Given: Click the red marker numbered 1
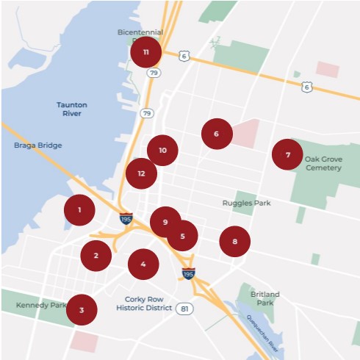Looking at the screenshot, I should [x=79, y=210].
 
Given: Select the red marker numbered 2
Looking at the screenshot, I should [x=96, y=256].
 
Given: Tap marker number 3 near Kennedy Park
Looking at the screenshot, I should [x=82, y=309].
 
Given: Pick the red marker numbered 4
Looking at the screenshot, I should [x=143, y=264].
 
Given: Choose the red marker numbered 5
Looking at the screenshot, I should [x=182, y=236].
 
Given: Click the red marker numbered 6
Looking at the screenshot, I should [x=217, y=134].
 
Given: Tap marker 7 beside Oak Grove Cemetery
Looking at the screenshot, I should [x=287, y=155].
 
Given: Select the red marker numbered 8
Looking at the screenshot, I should [x=234, y=241].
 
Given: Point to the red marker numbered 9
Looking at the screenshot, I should [x=165, y=222].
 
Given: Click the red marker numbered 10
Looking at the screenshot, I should [x=162, y=150].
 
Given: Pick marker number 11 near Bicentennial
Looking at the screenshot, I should [x=146, y=52].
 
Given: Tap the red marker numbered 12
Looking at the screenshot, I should [x=141, y=173].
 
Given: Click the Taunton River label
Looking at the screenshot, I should [x=72, y=109].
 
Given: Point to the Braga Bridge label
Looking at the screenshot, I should [x=38, y=145].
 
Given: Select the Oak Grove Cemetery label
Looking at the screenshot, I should [x=323, y=163].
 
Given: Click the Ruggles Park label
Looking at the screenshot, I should [x=247, y=203].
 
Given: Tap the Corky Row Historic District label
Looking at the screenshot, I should [x=143, y=303].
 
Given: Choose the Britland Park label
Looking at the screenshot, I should [x=265, y=298].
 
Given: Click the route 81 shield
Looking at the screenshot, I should [x=184, y=309].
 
